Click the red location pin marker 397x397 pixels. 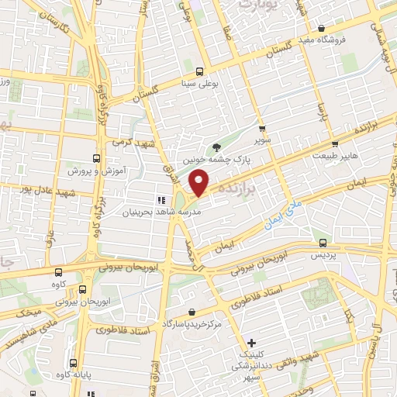pos(200,183)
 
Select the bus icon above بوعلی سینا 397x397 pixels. pos(200,70)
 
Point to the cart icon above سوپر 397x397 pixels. pos(262,129)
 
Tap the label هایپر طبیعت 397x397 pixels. pos(335,156)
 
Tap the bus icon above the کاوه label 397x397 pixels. pos(59,272)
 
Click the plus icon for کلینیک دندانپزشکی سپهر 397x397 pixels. pos(250,343)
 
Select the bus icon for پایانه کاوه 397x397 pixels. pos(73,362)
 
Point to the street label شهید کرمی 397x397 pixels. pos(134,143)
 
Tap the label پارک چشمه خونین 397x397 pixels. pos(214,159)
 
